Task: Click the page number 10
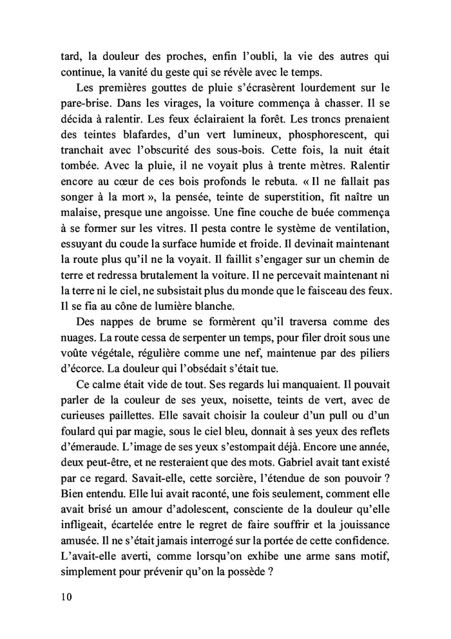coord(63,596)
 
